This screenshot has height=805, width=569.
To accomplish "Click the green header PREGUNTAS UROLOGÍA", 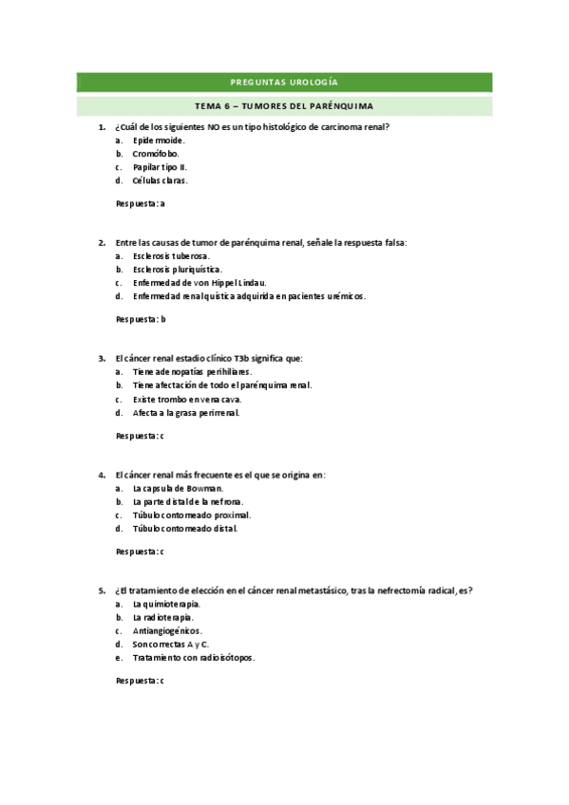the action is (284, 83).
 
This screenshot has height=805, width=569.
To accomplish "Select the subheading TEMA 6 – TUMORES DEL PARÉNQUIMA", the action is (284, 105).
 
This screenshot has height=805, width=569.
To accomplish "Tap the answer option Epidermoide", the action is (159, 140).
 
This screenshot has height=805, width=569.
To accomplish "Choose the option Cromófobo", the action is (156, 153).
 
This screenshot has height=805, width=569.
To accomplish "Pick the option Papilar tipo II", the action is (160, 166).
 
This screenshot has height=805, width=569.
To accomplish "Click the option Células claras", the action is (160, 179).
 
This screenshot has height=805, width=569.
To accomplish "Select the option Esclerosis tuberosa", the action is (171, 255).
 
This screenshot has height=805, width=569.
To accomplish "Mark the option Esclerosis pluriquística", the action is (178, 269).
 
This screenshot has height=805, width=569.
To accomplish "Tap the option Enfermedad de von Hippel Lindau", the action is (199, 282).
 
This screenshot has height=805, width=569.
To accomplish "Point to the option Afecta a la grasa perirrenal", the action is (186, 413).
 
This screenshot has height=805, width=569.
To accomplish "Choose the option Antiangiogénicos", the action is (167, 630).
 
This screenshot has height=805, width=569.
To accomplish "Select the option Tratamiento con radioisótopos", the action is (194, 657).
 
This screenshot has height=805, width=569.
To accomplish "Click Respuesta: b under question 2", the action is (141, 319).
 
